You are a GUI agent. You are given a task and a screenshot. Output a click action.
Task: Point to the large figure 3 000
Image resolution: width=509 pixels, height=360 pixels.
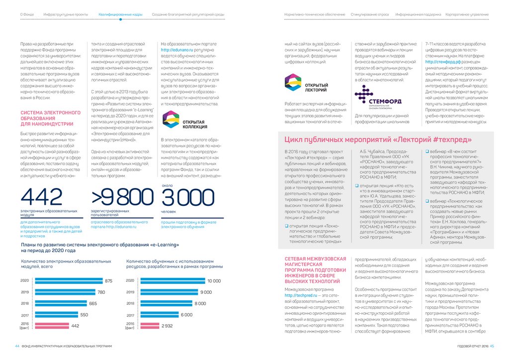(x=182, y=197)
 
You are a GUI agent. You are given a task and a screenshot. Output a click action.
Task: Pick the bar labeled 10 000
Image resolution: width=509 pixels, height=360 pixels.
(x=170, y=281)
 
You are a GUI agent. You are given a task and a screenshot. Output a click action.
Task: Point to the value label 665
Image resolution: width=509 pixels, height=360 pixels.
(x=93, y=303)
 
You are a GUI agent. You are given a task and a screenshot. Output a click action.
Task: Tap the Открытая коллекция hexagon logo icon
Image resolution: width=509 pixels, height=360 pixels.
(x=171, y=119)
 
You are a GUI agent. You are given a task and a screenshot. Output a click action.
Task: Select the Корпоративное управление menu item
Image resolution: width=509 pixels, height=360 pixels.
(x=467, y=14)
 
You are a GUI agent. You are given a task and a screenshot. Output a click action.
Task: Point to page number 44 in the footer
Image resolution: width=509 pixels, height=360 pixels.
(x=17, y=346)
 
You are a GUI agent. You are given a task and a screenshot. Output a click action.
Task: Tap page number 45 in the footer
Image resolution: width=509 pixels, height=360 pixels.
(x=491, y=346)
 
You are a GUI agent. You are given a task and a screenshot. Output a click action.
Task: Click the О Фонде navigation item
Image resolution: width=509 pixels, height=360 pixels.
(x=27, y=14)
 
